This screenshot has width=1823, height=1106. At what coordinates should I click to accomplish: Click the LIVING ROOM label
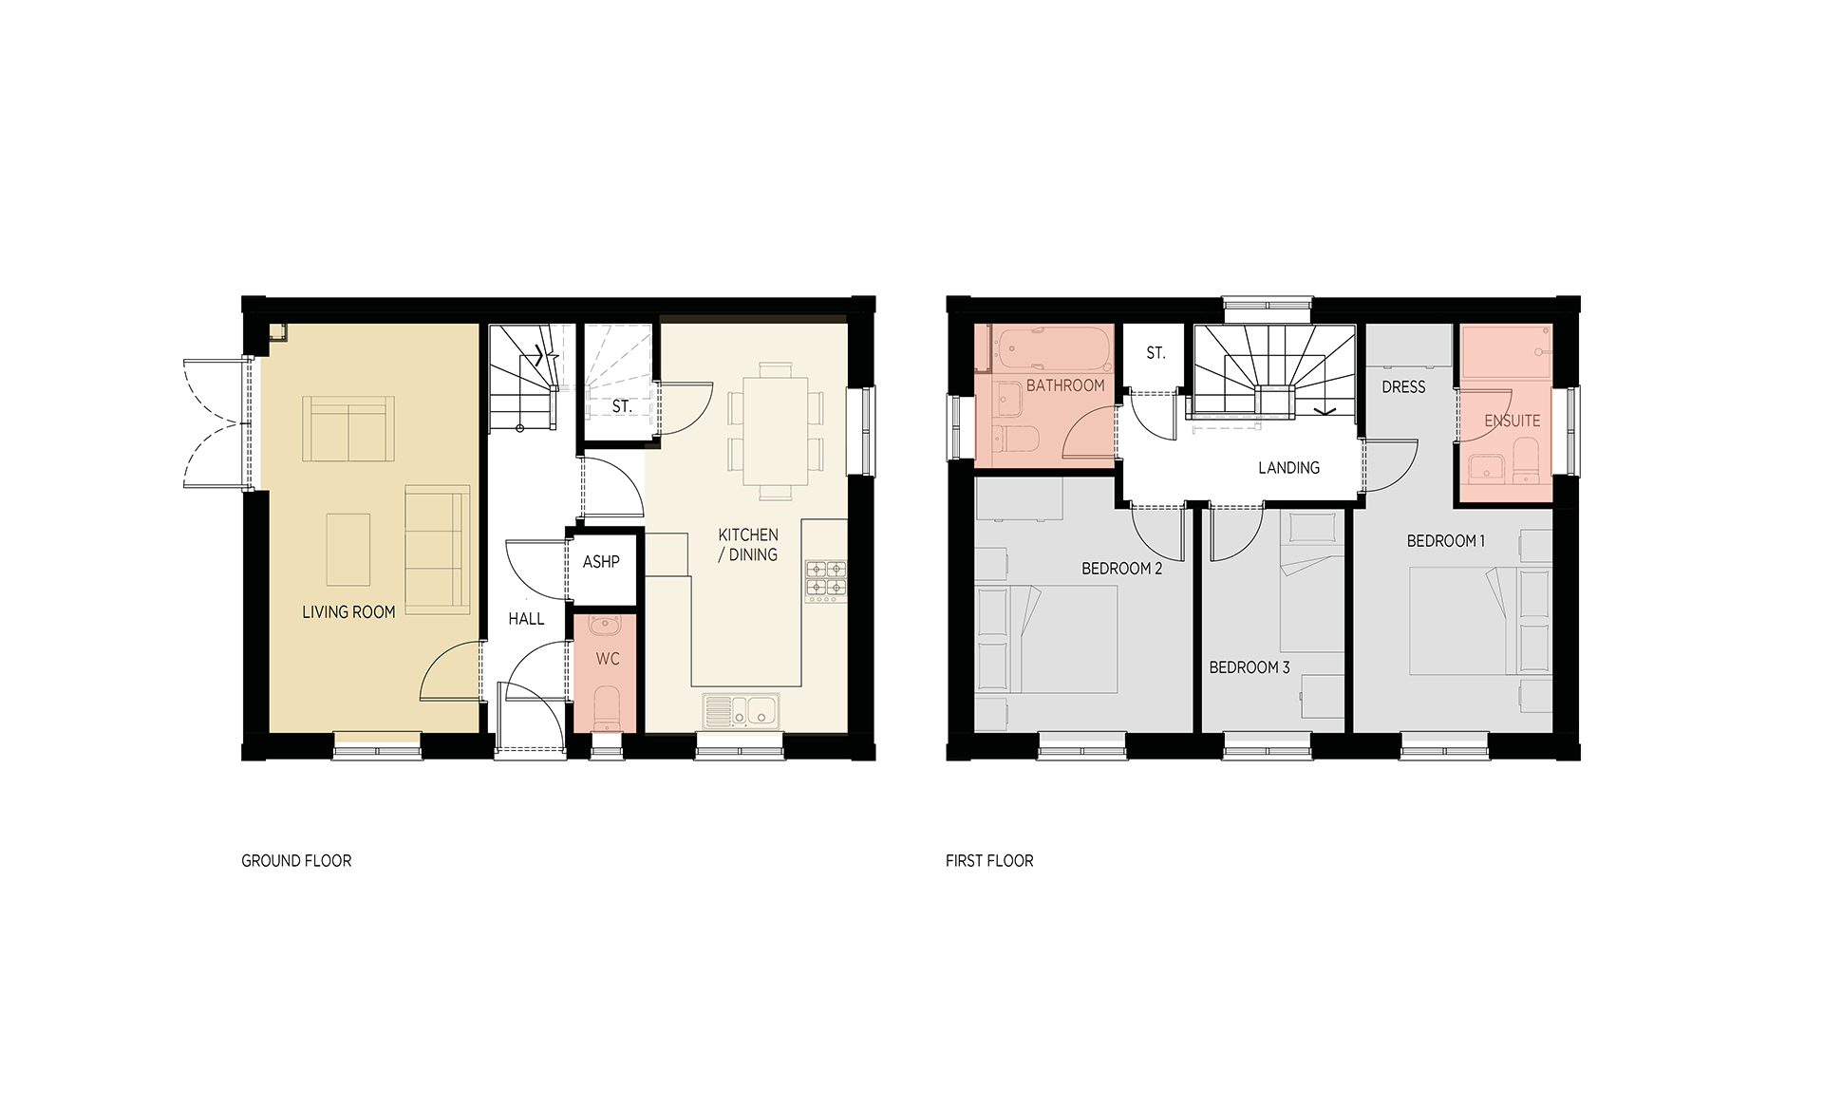tap(348, 612)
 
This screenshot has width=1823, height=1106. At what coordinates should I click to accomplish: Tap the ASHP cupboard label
tap(601, 562)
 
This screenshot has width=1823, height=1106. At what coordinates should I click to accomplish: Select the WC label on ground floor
tap(608, 659)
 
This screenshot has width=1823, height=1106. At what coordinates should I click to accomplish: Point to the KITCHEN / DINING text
tap(748, 545)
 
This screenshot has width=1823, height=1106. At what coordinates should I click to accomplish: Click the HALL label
tap(526, 619)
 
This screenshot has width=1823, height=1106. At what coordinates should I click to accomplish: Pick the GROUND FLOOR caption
tap(296, 861)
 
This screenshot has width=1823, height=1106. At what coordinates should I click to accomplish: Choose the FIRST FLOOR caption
tap(989, 861)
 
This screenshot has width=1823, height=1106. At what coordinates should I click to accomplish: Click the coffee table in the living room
tap(348, 550)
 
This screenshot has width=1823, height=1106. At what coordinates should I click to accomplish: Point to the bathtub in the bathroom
tap(1050, 351)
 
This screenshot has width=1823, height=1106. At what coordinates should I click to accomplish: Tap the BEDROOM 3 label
tap(1250, 667)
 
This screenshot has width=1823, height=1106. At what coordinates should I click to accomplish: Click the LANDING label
tap(1288, 468)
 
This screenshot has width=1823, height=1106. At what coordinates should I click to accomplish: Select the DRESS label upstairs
tap(1403, 387)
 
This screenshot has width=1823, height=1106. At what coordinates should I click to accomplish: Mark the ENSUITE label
tap(1513, 421)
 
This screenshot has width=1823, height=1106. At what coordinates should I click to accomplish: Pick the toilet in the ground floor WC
tap(608, 710)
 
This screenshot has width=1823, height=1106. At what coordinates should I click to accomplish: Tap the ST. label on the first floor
tap(1156, 353)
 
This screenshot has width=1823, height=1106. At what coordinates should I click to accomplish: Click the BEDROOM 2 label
tap(1122, 569)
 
